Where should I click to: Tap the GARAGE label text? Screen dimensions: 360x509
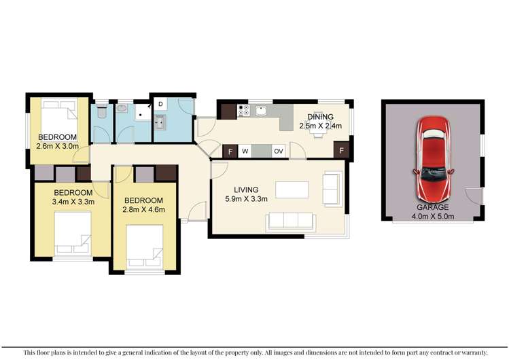click(432, 208)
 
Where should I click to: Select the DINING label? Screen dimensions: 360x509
click(320, 117)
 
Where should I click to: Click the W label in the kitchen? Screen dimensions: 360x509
click(244, 151)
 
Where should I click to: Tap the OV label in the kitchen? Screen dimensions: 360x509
click(278, 151)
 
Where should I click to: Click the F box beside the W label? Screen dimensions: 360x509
click(231, 151)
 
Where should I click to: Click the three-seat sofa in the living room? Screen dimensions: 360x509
click(290, 221)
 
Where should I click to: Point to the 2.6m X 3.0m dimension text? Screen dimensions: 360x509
click(58, 145)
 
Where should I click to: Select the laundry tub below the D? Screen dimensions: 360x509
click(160, 122)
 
